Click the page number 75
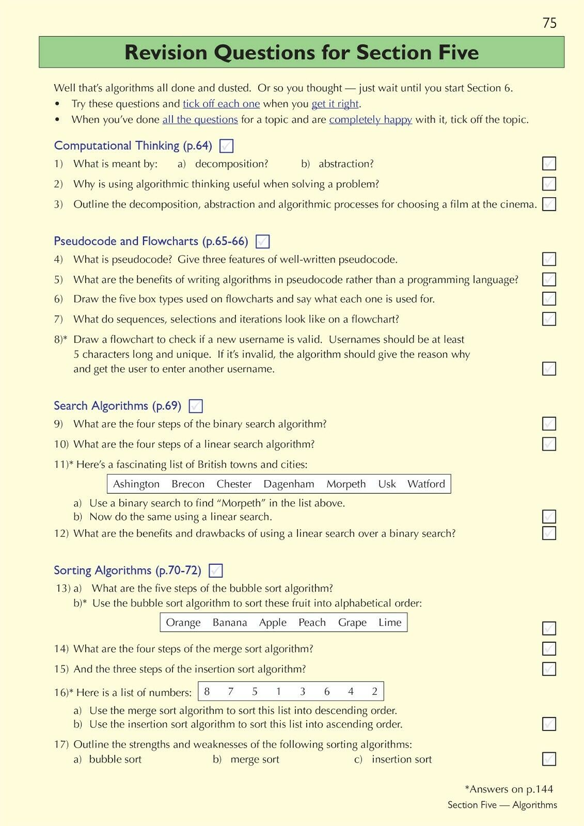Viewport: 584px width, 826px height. coord(549,23)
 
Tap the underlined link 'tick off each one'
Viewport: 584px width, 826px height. coord(221,104)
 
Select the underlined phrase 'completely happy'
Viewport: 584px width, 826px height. coord(370,120)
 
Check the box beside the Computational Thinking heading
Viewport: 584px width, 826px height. coord(226,146)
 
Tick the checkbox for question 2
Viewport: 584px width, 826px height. coord(549,184)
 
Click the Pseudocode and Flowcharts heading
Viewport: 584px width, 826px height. coord(151,241)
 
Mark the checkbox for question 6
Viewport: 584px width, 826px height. coord(549,299)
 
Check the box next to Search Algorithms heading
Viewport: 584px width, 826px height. coord(196,406)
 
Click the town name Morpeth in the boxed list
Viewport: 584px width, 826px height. coord(346,484)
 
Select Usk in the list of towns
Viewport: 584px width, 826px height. coord(387,484)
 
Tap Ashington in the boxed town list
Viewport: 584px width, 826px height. coord(136,484)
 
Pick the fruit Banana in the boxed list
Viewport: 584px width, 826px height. coord(230,623)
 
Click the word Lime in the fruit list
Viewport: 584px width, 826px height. coord(390,623)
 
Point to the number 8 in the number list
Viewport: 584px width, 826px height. coord(207,692)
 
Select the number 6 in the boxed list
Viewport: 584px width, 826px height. coord(327,692)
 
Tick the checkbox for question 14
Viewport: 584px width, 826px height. coord(549,648)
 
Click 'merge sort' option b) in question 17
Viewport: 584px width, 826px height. coord(255,759)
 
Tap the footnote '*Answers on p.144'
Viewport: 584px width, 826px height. coord(509,789)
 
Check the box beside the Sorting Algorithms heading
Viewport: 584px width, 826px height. coord(215,571)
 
